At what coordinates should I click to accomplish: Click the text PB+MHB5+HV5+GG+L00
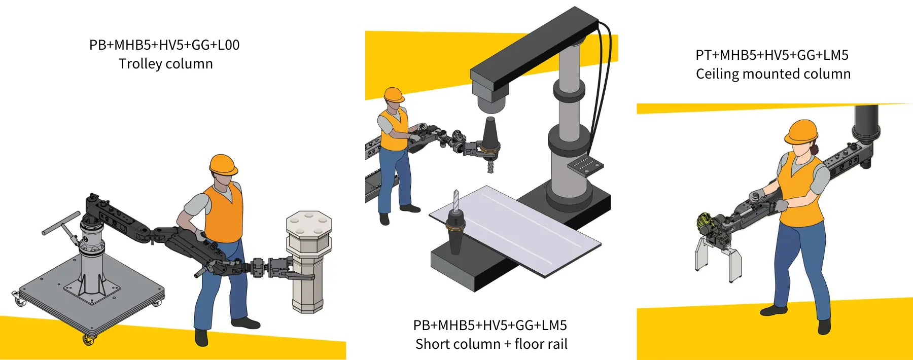click(x=164, y=45)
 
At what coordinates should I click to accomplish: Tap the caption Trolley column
click(x=166, y=64)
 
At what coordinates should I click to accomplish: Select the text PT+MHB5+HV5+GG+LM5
click(x=772, y=55)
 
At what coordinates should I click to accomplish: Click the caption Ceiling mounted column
click(x=773, y=74)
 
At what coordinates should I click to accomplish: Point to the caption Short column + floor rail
click(x=491, y=344)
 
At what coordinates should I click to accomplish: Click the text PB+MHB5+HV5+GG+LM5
click(x=490, y=325)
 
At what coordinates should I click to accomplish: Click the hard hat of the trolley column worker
click(x=223, y=165)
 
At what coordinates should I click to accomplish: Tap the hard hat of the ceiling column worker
click(x=801, y=132)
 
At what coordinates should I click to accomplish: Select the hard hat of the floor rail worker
click(x=394, y=95)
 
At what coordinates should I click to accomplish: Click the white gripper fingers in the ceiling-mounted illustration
click(x=718, y=258)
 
